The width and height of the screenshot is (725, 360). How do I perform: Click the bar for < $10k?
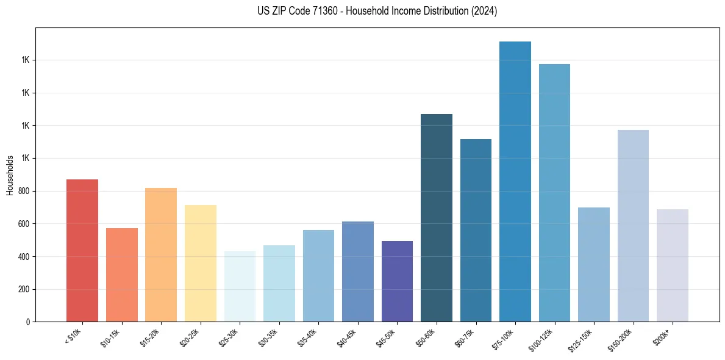82,250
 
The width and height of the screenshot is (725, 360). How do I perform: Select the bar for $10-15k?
122,275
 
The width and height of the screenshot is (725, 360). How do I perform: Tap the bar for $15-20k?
161,254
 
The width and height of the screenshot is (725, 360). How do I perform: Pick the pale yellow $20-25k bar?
201,263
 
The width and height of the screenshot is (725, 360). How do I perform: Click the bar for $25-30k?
240,286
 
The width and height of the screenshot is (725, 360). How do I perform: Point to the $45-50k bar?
397,281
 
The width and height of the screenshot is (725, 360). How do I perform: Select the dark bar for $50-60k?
437,218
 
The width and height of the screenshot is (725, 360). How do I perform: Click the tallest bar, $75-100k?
515,181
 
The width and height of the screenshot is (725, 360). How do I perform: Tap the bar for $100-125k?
554,193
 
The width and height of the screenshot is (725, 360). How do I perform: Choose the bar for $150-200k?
633,226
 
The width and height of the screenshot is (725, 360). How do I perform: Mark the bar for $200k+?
673,265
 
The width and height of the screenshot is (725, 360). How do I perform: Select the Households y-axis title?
10,175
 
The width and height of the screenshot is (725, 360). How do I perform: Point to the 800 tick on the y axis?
23,191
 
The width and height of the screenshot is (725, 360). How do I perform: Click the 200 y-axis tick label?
23,289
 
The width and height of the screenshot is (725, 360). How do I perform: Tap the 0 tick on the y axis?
28,322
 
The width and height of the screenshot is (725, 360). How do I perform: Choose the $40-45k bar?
358,272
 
